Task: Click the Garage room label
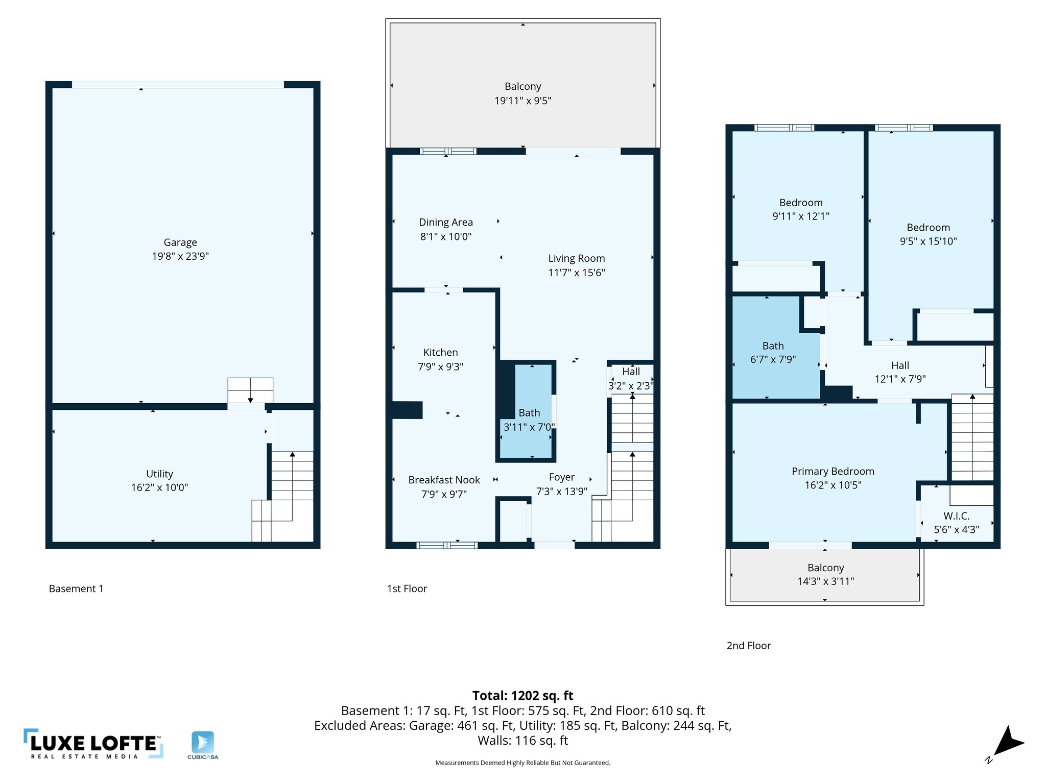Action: [x=180, y=242]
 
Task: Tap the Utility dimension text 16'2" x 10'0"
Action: [x=159, y=487]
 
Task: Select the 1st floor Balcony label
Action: [x=522, y=87]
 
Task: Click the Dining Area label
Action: [x=445, y=223]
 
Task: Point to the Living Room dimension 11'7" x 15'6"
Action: [x=576, y=273]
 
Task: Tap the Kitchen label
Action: [x=440, y=353]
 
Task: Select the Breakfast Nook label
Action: [x=444, y=480]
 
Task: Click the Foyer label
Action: [x=561, y=477]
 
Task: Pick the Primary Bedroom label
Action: [x=833, y=472]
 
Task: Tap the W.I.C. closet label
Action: [x=956, y=516]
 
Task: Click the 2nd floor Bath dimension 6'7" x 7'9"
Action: [x=773, y=360]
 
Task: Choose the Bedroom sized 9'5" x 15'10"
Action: [x=928, y=228]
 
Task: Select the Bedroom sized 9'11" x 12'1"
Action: [x=800, y=203]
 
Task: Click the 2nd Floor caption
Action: [x=748, y=646]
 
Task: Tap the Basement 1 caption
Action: [x=76, y=589]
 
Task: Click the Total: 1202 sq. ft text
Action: [x=522, y=696]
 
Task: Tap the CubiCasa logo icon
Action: [x=203, y=743]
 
